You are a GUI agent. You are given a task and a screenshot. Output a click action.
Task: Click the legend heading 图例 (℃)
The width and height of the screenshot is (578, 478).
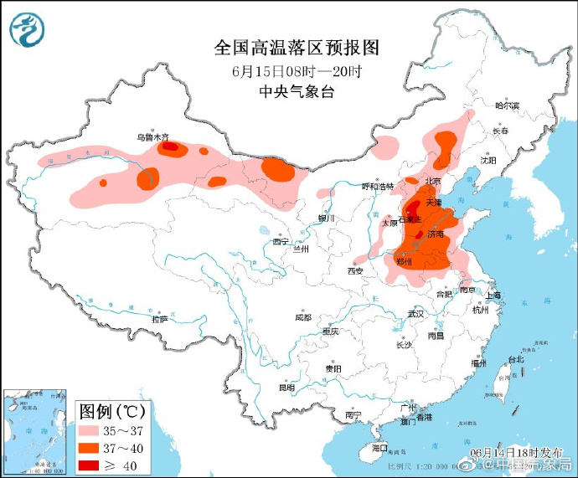112,411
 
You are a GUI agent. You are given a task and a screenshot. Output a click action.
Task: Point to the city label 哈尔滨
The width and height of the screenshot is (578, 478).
507,105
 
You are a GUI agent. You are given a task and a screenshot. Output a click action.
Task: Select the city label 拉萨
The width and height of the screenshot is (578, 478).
159,319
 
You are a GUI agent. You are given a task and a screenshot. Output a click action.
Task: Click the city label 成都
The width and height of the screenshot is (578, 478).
302,318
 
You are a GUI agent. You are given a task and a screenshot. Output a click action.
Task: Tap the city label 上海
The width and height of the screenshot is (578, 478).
492,295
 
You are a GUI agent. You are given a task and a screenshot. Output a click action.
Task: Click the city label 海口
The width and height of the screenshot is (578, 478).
379,448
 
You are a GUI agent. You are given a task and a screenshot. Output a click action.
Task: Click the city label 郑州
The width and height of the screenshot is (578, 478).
405,263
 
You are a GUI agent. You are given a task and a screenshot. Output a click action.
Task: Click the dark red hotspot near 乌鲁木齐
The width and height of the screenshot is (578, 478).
170,147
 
